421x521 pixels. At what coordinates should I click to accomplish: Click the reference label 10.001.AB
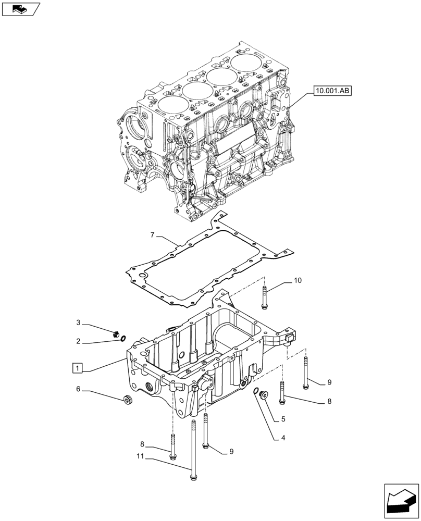[333, 91]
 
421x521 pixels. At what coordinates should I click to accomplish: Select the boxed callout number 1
[77, 369]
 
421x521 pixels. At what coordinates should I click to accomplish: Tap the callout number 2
[78, 341]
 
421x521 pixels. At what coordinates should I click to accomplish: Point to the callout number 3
[78, 324]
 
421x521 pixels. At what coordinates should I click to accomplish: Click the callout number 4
[282, 438]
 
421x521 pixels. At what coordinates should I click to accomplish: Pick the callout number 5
[282, 418]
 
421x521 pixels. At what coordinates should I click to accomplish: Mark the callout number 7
[152, 235]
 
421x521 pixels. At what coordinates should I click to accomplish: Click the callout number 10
[298, 281]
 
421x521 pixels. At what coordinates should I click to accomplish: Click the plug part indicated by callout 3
[116, 333]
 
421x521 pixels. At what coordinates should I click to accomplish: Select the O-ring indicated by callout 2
[123, 339]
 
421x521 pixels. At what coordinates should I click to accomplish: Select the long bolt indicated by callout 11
[193, 448]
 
